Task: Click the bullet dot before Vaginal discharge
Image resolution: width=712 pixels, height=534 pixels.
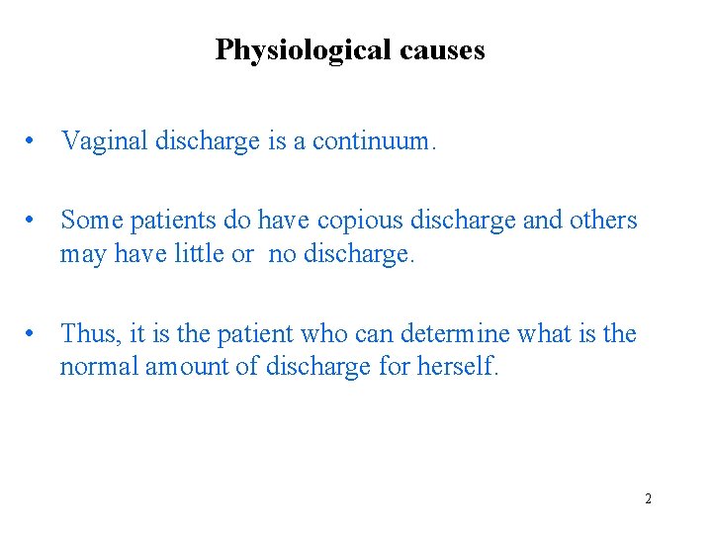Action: [35, 142]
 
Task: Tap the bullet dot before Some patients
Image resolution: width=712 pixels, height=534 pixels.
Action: [35, 221]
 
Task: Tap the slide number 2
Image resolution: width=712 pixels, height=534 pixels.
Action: [649, 498]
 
